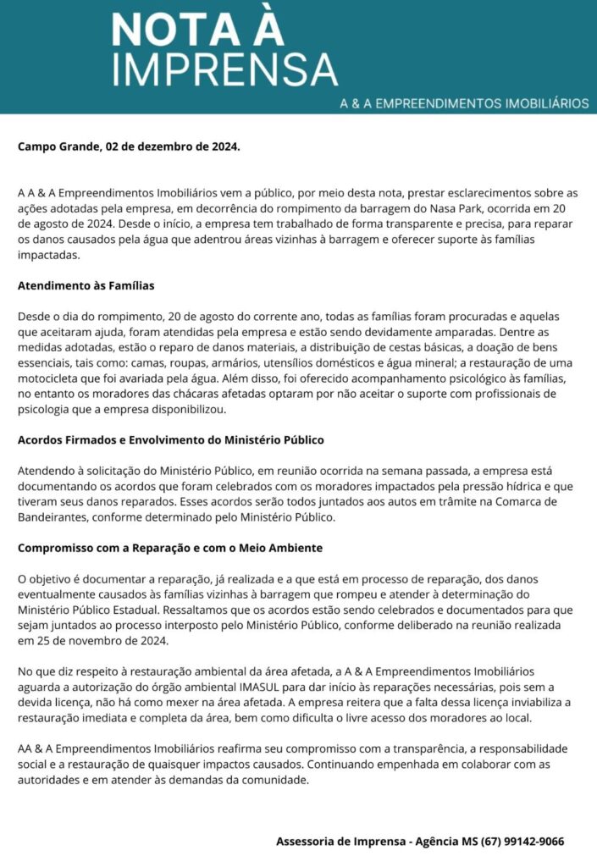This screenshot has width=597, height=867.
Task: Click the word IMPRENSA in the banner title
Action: click(224, 69)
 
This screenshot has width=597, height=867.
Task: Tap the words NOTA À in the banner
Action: click(197, 29)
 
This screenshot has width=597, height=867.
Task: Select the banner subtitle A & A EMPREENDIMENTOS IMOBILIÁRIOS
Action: click(463, 103)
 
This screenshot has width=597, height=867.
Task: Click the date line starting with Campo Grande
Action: click(129, 146)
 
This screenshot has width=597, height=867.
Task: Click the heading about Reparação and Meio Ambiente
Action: click(169, 548)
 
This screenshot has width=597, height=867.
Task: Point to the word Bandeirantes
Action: click(53, 517)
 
